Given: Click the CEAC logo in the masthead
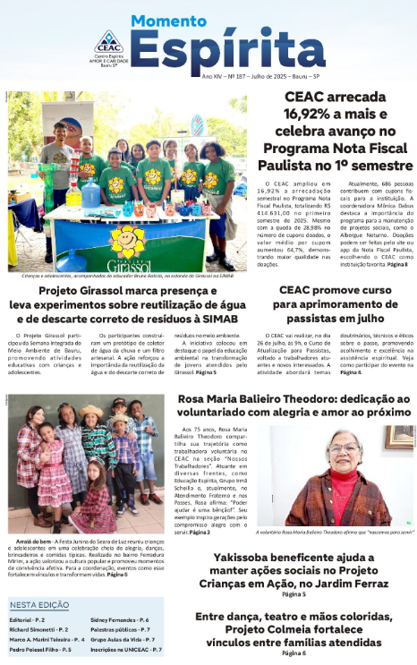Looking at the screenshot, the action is click(107, 47).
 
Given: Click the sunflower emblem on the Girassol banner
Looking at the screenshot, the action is click(126, 242).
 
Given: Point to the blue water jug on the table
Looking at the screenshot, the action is click(90, 192).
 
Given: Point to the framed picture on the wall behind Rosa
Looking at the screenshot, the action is click(399, 437).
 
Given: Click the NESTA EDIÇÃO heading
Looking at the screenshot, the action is click(41, 604).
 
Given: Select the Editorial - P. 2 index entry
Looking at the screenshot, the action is click(28, 619).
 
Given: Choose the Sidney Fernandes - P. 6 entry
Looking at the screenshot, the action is click(120, 619).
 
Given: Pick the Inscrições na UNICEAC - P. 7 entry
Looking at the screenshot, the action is click(126, 650).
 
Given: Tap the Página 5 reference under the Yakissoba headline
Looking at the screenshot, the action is click(293, 594).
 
